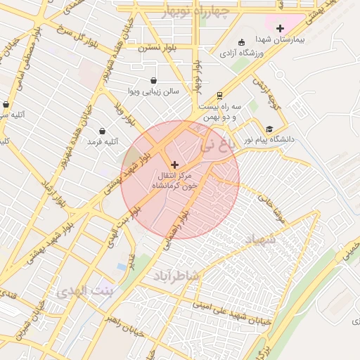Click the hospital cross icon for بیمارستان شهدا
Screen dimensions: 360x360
click(281, 28)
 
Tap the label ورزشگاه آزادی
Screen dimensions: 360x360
click(241, 53)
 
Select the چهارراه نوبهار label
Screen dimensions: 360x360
click(196, 13)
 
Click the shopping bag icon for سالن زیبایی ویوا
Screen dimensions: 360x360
click(154, 80)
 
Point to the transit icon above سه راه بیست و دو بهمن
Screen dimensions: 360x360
click(219, 95)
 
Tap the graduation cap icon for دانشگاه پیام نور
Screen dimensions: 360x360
click(269, 129)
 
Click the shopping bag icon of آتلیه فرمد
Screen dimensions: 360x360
click(103, 131)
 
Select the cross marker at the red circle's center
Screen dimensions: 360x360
click(175, 165)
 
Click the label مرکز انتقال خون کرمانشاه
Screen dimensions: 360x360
click(175, 181)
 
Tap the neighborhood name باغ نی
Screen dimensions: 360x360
click(214, 146)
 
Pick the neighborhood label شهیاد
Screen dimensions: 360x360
click(259, 240)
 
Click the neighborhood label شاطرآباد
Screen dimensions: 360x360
click(176, 277)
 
